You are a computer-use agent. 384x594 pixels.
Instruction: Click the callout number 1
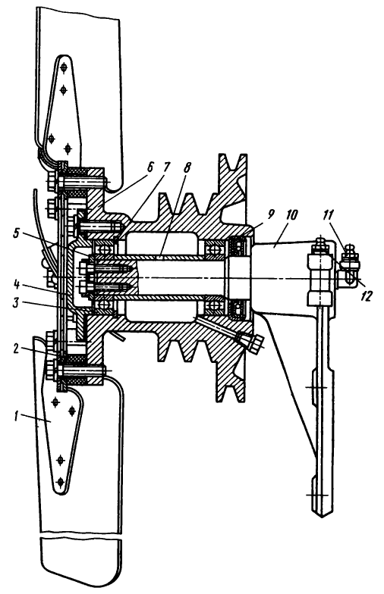point(16,417)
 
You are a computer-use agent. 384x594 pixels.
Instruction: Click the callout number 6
point(150,167)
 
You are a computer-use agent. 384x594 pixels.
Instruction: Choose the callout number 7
point(167,167)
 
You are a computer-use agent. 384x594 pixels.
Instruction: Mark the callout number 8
point(187,167)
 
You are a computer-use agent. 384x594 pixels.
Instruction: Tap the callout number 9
point(271,215)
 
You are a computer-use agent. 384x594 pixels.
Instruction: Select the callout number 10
point(291,215)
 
